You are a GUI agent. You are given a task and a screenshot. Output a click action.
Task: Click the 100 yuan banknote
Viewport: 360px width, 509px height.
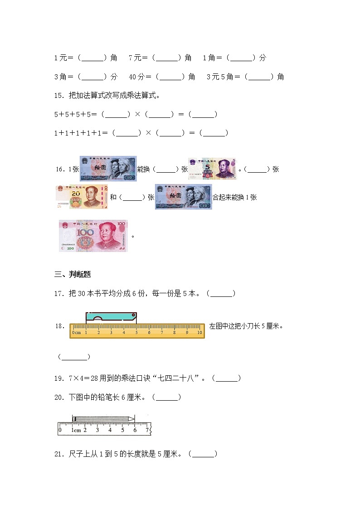point(93,236)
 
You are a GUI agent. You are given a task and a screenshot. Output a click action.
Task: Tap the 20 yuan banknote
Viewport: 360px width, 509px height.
point(82,197)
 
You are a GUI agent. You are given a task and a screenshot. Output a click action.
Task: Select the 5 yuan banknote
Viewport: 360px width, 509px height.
point(212,169)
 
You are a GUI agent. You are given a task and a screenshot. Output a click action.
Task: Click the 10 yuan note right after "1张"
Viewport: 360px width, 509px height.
point(108,169)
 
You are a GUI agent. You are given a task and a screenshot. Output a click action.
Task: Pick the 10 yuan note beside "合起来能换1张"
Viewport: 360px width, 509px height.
point(183,197)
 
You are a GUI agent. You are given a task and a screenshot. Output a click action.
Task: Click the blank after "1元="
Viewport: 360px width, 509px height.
point(93,58)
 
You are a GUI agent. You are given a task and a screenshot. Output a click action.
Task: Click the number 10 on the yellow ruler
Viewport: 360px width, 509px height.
point(199,333)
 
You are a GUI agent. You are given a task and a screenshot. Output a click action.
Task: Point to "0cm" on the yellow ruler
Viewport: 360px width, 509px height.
point(77,333)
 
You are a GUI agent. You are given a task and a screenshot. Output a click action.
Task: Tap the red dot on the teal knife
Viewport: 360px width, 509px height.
point(133,315)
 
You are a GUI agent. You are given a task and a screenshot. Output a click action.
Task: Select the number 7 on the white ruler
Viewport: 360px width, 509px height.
point(147,430)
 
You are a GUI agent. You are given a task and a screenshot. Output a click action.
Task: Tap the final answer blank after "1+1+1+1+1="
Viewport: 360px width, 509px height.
point(213,133)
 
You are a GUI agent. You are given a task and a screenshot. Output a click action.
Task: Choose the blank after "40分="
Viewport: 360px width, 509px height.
point(171,77)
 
